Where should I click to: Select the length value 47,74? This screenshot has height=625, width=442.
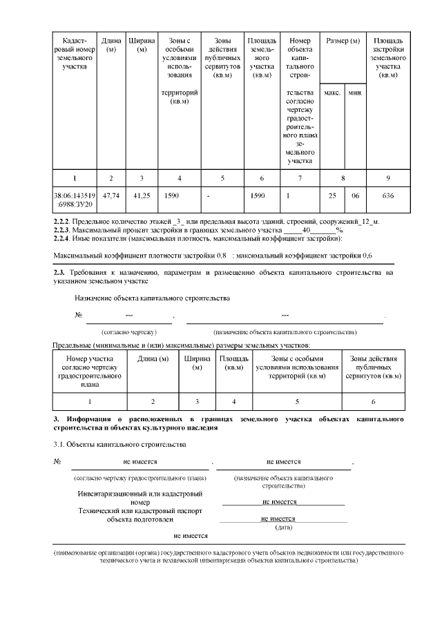tap(110, 196)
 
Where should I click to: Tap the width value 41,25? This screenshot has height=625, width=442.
tap(142, 196)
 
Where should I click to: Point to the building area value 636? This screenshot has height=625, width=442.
tap(388, 196)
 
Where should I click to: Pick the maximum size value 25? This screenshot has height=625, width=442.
tap(332, 196)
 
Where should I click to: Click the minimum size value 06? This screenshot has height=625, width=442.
tap(355, 196)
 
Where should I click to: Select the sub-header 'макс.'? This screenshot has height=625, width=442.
tap(332, 92)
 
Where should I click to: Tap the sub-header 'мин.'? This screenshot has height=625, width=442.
tap(355, 92)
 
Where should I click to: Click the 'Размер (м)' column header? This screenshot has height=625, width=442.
tap(343, 41)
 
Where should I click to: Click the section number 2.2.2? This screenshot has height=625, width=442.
tap(64, 221)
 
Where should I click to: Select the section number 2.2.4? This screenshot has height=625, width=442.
tap(64, 239)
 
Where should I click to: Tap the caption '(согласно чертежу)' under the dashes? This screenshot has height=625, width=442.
tap(129, 332)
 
